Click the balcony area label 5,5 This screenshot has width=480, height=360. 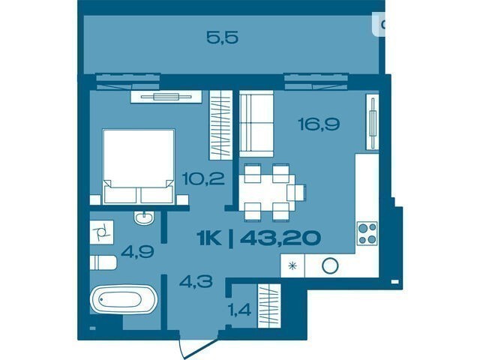[222, 38]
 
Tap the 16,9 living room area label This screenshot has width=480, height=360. [319, 124]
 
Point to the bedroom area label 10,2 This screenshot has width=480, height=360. [203, 178]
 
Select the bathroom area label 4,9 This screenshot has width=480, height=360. [137, 252]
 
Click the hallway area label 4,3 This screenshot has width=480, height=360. [196, 281]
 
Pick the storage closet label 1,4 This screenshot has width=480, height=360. [240, 310]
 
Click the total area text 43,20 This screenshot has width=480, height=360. [280, 238]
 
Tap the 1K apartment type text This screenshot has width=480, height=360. [209, 238]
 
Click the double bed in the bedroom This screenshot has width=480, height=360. [139, 166]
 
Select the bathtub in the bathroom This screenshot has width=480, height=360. [124, 299]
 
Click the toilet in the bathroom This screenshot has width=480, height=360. [103, 262]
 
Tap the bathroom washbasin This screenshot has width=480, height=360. [144, 218]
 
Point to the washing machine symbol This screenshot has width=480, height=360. [102, 232]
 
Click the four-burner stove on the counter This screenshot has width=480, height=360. [367, 233]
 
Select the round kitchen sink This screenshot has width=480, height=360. [330, 265]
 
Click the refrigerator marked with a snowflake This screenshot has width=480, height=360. [292, 265]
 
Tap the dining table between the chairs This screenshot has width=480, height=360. [267, 192]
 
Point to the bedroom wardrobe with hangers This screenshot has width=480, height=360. [220, 125]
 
